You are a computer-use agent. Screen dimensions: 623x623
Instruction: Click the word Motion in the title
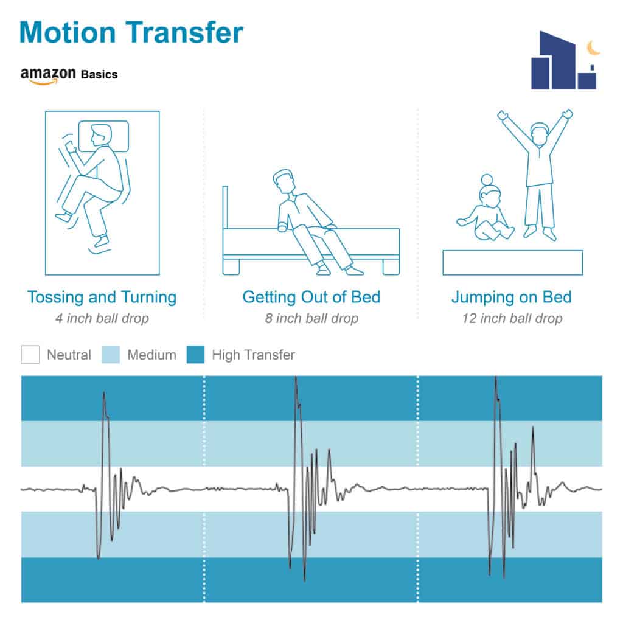point(68,32)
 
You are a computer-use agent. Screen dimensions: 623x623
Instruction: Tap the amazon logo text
point(48,75)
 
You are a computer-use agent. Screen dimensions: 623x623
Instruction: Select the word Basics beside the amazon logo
point(99,74)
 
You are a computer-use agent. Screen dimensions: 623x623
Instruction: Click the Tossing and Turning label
point(102,297)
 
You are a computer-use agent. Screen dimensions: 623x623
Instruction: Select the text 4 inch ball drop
point(102,318)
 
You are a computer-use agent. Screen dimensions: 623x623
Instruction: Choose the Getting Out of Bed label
point(311,297)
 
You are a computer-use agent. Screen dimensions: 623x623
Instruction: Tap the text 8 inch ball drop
point(311,318)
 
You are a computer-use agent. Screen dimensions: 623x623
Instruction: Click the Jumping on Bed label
point(512,297)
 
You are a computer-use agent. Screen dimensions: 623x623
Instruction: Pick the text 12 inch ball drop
point(512,318)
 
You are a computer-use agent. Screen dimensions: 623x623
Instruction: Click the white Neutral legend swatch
point(30,355)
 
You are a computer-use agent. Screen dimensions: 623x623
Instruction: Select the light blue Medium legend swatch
point(111,355)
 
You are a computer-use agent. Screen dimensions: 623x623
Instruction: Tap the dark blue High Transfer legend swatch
point(195,355)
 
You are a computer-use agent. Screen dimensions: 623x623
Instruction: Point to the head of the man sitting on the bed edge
point(285,181)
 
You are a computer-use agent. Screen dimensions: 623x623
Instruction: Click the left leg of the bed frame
point(231,266)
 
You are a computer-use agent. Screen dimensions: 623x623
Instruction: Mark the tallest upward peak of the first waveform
point(104,392)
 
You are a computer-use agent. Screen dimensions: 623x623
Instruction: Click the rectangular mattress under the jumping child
point(512,263)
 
